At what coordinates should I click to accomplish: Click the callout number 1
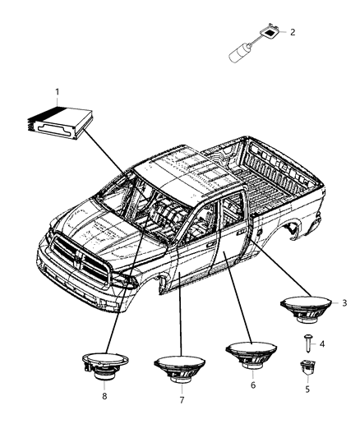[x=58, y=92]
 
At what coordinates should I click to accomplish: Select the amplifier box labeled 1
[x=60, y=123]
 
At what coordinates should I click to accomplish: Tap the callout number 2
[x=293, y=32]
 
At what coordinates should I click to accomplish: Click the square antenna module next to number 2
[x=270, y=32]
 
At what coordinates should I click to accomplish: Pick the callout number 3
[x=344, y=302]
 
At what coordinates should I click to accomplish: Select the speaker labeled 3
[x=307, y=309]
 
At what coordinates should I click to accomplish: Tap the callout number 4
[x=322, y=343]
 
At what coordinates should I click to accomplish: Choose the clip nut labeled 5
[x=307, y=368]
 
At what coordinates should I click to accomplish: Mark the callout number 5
[x=307, y=389]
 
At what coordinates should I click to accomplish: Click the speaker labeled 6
[x=251, y=355]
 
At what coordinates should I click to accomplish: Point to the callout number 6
[x=253, y=385]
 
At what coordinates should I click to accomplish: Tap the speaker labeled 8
[x=105, y=366]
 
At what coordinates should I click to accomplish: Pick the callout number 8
[x=104, y=396]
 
